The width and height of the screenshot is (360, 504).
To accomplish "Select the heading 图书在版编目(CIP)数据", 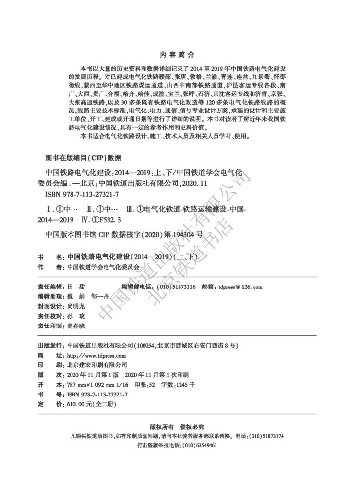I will coord(83,158).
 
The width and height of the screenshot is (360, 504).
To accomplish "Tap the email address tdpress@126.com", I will coord(241,287).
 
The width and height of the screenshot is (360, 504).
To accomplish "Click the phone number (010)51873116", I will coord(180,287).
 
